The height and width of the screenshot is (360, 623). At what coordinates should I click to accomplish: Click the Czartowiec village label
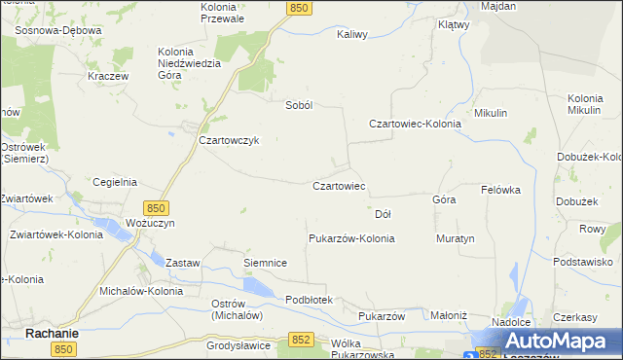pyautogui.click(x=338, y=185)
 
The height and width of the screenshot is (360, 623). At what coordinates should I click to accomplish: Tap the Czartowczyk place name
pyautogui.click(x=228, y=140)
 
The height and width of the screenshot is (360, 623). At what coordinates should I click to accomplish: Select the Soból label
pyautogui.click(x=297, y=105)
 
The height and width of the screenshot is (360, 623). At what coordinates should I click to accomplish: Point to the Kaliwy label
pyautogui.click(x=351, y=34)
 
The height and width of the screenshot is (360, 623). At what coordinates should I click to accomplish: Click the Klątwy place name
pyautogui.click(x=454, y=24)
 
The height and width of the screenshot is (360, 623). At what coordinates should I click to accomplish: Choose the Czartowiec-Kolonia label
pyautogui.click(x=415, y=124)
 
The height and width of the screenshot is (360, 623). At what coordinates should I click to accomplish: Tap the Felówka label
pyautogui.click(x=501, y=190)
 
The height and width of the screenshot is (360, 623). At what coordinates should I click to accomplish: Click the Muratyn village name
pyautogui.click(x=455, y=238)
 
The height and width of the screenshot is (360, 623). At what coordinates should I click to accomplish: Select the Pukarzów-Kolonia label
pyautogui.click(x=350, y=238)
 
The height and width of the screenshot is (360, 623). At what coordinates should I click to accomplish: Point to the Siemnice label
pyautogui.click(x=264, y=263)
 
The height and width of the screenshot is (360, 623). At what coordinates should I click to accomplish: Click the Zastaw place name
pyautogui.click(x=182, y=263)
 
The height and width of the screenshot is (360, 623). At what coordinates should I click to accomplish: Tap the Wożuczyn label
pyautogui.click(x=151, y=224)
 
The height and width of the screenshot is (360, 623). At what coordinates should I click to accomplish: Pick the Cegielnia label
pyautogui.click(x=114, y=182)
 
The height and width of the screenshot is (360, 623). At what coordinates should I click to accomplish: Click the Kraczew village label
pyautogui.click(x=109, y=76)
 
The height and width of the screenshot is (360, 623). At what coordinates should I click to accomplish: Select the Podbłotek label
pyautogui.click(x=310, y=300)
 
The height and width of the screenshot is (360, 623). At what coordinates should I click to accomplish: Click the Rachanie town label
pyautogui.click(x=52, y=333)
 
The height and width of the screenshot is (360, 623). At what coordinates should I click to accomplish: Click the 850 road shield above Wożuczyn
pyautogui.click(x=157, y=208)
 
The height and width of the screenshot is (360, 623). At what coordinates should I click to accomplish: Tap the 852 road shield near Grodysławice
pyautogui.click(x=302, y=339)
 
